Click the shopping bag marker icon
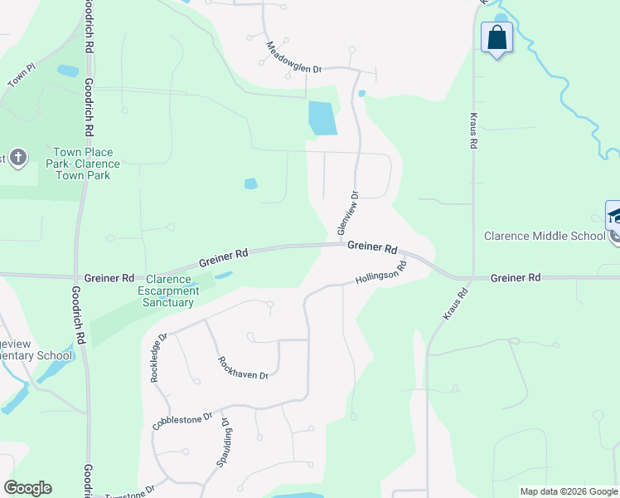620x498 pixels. (x=496, y=37)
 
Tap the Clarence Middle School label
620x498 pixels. (x=545, y=236)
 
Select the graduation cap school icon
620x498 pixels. (x=614, y=217)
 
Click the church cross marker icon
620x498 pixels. (x=18, y=158)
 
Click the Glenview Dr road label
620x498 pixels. (x=346, y=212)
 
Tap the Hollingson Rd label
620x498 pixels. (x=381, y=272)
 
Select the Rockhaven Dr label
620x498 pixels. (x=243, y=368)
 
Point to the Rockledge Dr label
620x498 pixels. (x=157, y=358)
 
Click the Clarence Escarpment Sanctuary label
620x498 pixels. (x=173, y=290)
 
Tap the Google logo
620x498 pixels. (x=27, y=488)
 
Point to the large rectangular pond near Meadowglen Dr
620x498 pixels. (x=322, y=118)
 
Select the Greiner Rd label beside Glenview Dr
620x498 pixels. (x=372, y=247)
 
